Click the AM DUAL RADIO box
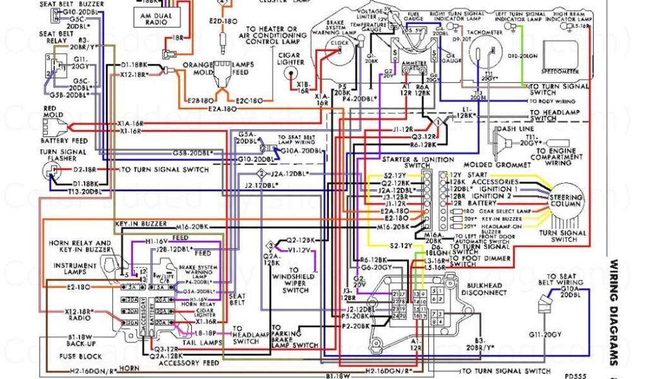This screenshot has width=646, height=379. [x=154, y=18]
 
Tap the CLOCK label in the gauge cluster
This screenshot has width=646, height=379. [x=340, y=44]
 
